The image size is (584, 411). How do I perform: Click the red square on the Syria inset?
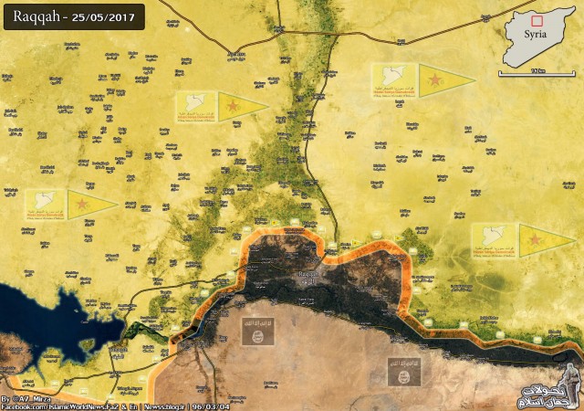pos(537,20)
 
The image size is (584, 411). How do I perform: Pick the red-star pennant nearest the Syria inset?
pos(444,79)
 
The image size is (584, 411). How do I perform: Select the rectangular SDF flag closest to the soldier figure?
pos(494,240)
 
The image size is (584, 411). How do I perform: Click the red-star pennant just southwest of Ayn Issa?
pos(241,107)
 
